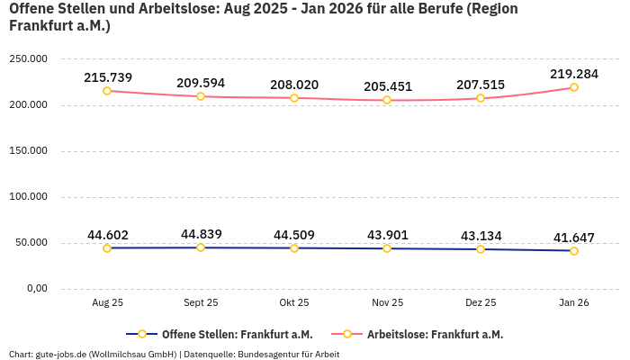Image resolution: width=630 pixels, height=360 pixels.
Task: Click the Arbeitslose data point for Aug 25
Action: pos(107,91)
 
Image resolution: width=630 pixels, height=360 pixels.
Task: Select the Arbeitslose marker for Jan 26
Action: pos(574,87)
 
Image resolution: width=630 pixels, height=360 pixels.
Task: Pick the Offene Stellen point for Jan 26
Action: pos(574,251)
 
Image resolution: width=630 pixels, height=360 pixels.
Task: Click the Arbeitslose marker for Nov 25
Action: pos(387,100)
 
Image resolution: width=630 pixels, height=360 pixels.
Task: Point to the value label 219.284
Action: pos(574,72)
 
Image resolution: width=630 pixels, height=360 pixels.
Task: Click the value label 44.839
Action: pos(201,234)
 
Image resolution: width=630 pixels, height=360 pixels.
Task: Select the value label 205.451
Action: pos(387,86)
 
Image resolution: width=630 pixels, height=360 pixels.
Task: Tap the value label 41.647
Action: pos(574,238)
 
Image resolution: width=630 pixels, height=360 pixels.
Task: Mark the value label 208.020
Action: pos(294,85)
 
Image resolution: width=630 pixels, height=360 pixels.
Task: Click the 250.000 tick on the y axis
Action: pos(28,58)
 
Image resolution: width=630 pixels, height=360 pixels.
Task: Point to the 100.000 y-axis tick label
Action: pos(28,196)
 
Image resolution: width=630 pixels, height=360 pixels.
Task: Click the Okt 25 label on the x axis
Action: pos(294,303)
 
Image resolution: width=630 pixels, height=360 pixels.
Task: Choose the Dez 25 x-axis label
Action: pos(481,303)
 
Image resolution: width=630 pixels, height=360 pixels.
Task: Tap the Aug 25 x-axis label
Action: pos(107,303)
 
